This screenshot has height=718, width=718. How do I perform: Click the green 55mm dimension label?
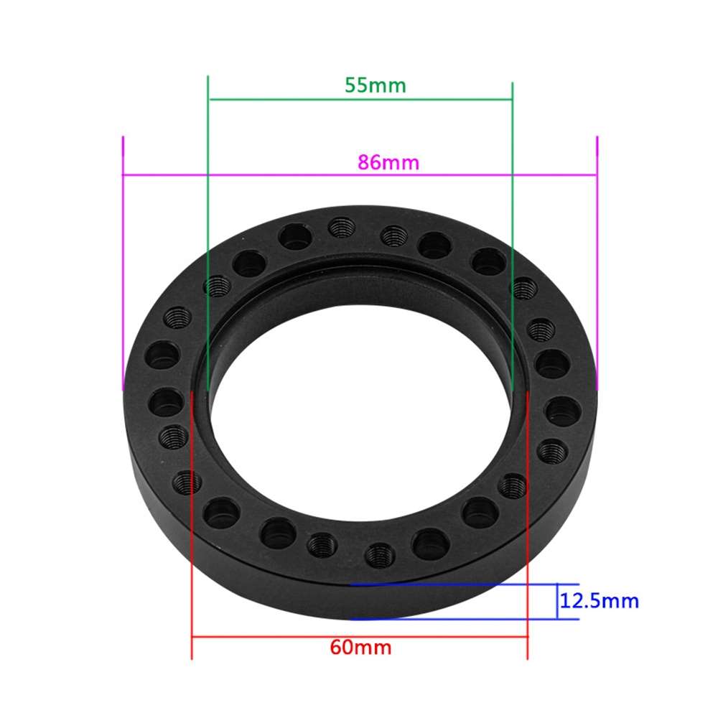point(375,85)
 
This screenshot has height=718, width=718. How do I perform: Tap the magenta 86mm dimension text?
point(388,162)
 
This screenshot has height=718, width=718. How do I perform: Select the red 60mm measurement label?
point(360,647)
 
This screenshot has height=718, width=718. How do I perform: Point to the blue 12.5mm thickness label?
point(599,601)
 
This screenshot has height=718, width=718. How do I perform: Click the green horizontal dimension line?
point(359,100)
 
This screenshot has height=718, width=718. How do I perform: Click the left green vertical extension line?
point(207,179)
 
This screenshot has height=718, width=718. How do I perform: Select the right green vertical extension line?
point(513,179)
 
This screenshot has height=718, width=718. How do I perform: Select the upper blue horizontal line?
point(460,584)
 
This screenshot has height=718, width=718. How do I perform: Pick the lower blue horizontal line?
point(460,618)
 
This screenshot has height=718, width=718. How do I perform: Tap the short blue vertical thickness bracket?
point(558,601)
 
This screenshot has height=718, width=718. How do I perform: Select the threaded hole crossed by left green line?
point(215,286)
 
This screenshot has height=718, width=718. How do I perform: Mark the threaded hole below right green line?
point(523,288)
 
